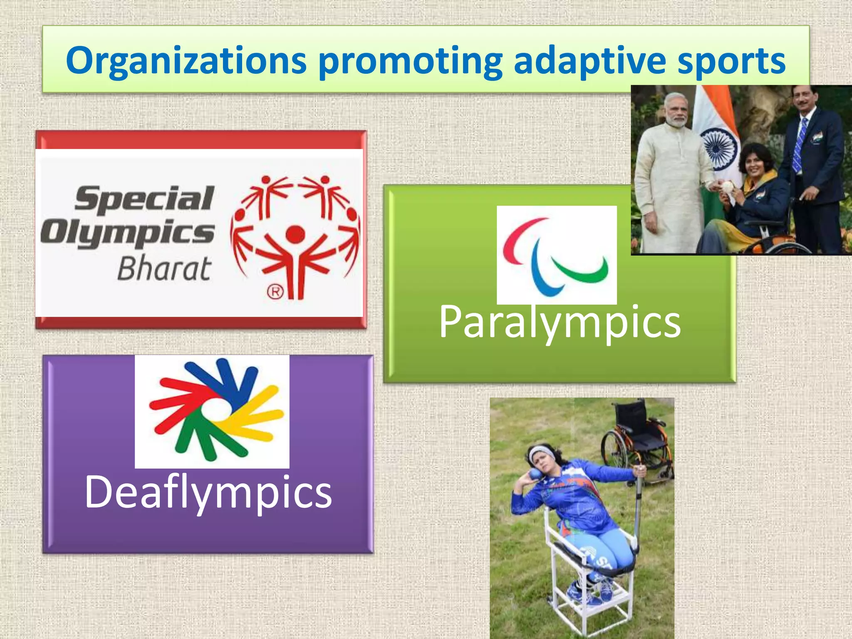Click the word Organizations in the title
coord(186,62)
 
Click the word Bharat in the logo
coord(164,269)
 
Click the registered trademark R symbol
coord(275,292)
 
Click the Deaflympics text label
coord(208,492)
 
